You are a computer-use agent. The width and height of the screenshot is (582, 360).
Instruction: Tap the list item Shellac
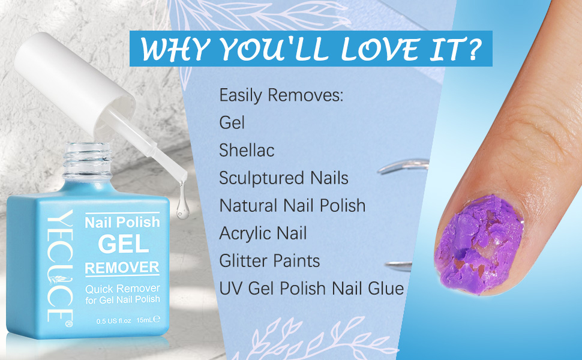[x=247, y=150]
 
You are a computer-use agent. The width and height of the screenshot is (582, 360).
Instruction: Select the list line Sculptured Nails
[x=283, y=178]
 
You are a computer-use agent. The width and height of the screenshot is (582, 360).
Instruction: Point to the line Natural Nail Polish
[x=292, y=205]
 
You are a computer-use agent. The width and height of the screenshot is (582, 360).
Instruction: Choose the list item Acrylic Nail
[x=263, y=233]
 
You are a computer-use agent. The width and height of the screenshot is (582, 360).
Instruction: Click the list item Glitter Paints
[x=269, y=260]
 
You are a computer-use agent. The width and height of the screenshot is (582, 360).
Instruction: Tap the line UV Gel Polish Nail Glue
[x=311, y=289]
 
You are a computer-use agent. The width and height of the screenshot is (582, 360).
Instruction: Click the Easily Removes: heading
[x=281, y=95]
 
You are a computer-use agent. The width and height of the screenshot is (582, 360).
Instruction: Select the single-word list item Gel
[x=232, y=122]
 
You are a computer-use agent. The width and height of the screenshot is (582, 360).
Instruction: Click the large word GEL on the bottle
[x=122, y=244]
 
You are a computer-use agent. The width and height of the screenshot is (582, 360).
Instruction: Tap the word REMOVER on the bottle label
[x=122, y=267]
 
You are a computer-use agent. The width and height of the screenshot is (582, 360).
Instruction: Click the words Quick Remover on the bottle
[x=122, y=289]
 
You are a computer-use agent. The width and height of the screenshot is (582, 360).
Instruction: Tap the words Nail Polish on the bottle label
[x=122, y=223]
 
